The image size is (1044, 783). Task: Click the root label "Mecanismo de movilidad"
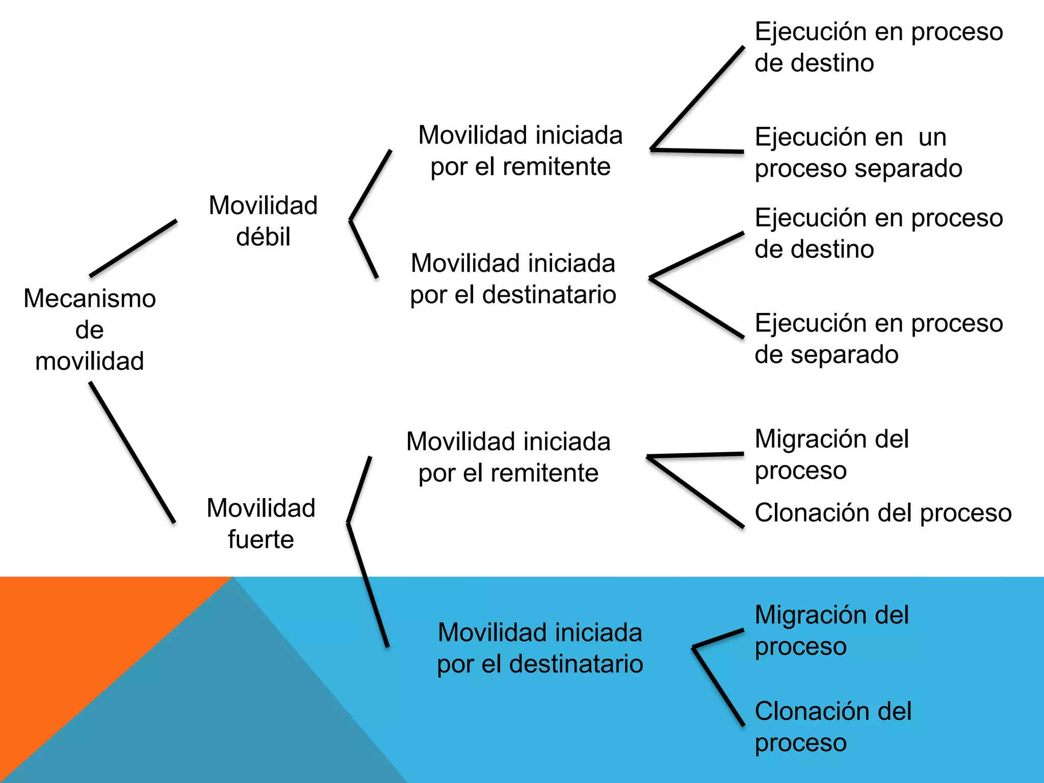point(90,329)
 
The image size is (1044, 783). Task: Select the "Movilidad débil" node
point(263,221)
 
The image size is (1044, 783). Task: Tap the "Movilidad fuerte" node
point(261,524)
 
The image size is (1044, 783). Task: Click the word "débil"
point(263,237)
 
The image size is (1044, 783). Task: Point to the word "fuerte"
point(261,539)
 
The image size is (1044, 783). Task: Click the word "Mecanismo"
point(90,298)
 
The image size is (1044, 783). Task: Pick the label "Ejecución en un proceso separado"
point(858,152)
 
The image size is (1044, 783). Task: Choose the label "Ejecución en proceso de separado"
point(879,338)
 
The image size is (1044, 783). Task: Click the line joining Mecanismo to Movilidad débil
point(134,248)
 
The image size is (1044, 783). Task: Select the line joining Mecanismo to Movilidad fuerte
point(133,453)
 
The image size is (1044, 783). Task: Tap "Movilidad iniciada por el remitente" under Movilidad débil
point(520,151)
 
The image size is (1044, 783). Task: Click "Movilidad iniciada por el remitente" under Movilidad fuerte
point(508,457)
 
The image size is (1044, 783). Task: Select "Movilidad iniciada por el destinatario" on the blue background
point(540,648)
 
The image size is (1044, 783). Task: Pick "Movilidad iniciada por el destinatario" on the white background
point(513,279)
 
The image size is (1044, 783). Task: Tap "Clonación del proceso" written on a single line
point(883,513)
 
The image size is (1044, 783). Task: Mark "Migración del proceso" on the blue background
point(831,631)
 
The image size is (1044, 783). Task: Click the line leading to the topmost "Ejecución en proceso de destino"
point(697,98)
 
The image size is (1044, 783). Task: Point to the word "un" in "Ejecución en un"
point(932,137)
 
